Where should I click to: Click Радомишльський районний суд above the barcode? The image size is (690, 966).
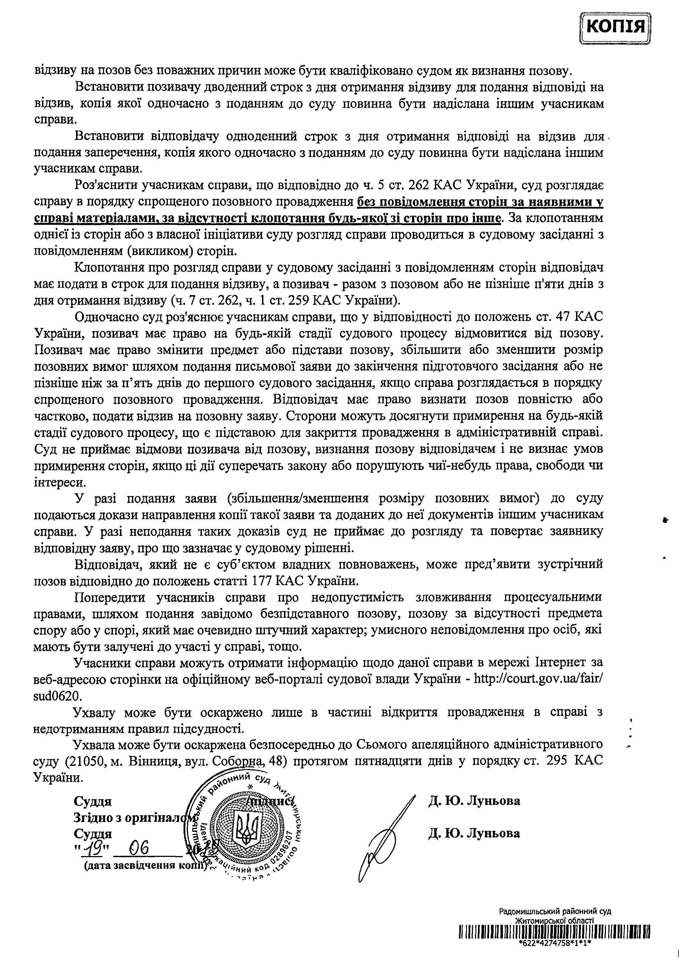[555, 911]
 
